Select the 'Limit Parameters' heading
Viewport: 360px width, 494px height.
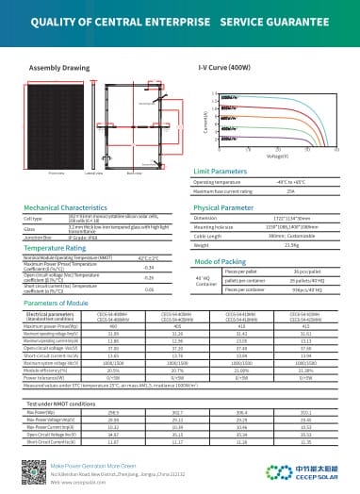[x=220, y=171]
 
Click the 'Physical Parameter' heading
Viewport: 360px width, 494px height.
[x=224, y=206]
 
